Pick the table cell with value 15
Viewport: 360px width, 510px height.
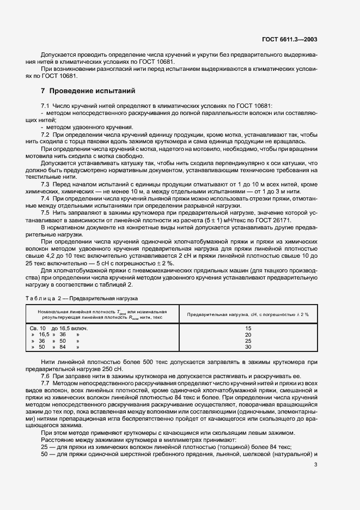point(248,328)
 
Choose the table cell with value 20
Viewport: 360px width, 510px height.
point(248,334)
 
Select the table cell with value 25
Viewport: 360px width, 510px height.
point(248,341)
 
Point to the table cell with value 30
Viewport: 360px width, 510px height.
point(248,347)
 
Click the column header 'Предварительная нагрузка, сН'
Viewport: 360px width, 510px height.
point(248,314)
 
